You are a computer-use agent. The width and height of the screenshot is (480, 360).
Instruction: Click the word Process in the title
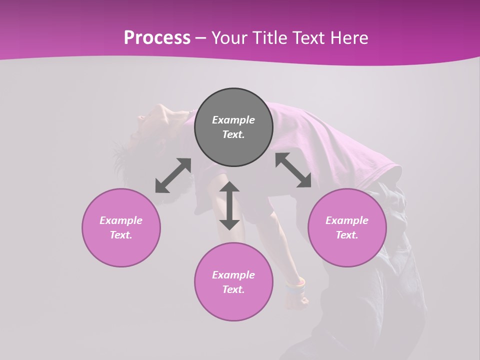tap(157, 37)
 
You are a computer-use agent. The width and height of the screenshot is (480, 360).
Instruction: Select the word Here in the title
tap(349, 37)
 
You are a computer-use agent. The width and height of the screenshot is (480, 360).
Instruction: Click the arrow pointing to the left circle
tap(173, 175)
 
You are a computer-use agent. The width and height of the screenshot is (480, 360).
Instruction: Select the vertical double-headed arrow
tap(229, 205)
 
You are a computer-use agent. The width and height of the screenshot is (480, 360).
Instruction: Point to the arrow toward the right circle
tap(293, 170)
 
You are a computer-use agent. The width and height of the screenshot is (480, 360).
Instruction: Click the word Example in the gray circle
tap(233, 120)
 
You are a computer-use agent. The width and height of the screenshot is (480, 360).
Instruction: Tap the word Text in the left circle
tap(121, 235)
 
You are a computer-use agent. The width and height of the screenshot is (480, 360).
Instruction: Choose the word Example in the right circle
tap(347, 220)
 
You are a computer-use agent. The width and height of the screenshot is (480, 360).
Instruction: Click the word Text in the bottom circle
tap(233, 289)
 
